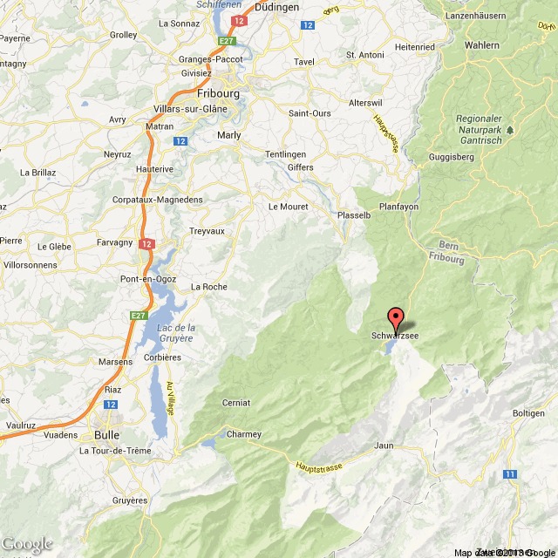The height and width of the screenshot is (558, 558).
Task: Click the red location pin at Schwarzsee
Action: [x=395, y=318]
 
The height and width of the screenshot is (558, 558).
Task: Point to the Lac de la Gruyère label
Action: [x=176, y=332]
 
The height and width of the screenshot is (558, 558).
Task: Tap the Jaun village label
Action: [x=384, y=446]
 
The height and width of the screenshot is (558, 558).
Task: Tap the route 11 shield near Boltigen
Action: [x=509, y=473]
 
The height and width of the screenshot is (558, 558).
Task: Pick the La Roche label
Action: [x=208, y=286]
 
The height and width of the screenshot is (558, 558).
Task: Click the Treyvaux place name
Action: [x=208, y=231]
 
